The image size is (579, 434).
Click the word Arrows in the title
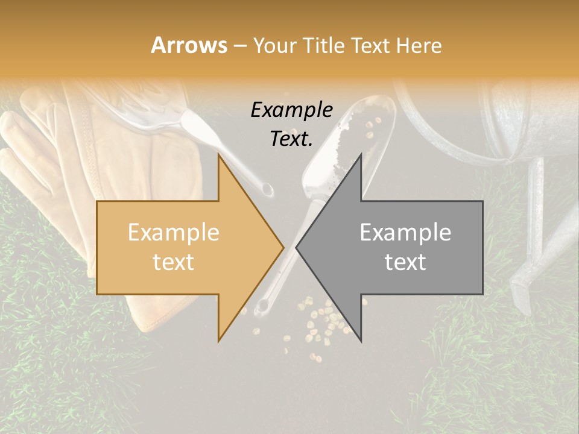(188, 45)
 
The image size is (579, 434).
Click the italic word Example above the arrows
(291, 110)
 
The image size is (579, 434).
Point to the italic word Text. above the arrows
(291, 139)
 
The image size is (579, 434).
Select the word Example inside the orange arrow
(173, 233)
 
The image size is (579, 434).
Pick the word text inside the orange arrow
(173, 262)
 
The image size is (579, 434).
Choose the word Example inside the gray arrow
(405, 233)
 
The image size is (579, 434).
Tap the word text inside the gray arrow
(405, 262)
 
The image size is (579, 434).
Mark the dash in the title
(239, 46)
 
